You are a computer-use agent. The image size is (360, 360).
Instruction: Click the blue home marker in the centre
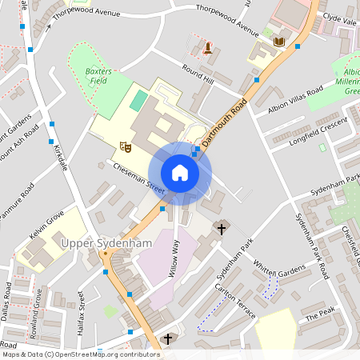[180, 173]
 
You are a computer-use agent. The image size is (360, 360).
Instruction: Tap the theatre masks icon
[125, 146]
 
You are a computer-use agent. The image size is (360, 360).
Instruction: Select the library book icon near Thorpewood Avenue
[278, 42]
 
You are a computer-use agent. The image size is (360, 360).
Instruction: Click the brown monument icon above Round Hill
[208, 47]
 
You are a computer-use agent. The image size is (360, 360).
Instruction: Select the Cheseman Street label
[138, 178]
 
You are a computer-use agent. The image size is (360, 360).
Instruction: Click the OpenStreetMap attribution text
[81, 354]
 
